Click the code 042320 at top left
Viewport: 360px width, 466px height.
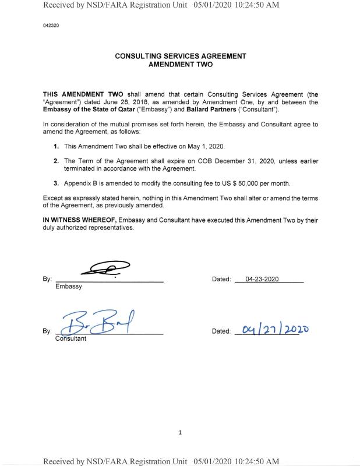coord(51,26)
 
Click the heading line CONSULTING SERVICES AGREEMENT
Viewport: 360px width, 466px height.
coord(180,57)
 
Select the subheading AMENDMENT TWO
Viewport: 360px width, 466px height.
coord(180,65)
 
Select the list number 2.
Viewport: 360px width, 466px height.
coord(56,160)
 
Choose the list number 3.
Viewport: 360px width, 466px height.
coord(56,183)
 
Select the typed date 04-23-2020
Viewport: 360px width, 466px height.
coord(262,279)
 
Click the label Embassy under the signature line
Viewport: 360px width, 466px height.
coord(68,287)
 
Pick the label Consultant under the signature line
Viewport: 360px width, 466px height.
coord(70,338)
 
